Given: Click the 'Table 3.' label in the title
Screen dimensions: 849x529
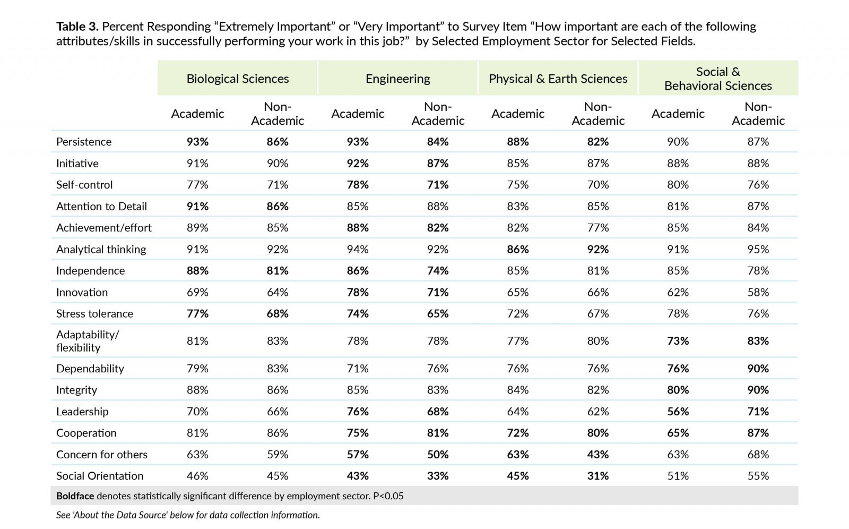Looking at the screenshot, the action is point(77,27).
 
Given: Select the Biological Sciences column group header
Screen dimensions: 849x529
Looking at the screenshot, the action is point(238,79).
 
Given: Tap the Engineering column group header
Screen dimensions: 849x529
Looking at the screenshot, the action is point(397,79).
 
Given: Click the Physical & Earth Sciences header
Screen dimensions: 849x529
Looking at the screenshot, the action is point(558,79).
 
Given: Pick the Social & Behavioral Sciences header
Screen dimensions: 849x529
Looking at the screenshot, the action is point(718,79).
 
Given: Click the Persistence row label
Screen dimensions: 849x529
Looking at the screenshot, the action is point(84,142).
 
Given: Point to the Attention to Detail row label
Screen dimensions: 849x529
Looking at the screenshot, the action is point(101,206).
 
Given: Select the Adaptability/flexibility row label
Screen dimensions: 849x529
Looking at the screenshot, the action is point(88,341).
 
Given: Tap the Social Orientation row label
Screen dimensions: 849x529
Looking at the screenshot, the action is point(100,475).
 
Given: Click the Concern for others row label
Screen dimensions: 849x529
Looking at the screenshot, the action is point(101,454).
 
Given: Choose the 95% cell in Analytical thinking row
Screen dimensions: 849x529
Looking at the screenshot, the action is point(758,249).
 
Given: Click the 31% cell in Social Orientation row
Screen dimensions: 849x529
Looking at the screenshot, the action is point(597,475).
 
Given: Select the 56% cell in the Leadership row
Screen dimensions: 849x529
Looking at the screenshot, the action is point(678,412).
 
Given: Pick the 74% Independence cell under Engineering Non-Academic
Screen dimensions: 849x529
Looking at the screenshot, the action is point(438,270).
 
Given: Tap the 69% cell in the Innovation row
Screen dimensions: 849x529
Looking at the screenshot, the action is point(197,292).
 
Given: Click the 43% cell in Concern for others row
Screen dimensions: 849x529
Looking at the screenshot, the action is point(597,454).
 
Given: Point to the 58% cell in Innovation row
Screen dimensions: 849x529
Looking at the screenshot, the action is point(758,292).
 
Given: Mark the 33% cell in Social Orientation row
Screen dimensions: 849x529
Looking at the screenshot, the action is point(438,475).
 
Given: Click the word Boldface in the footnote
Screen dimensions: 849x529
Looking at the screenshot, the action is point(75,496).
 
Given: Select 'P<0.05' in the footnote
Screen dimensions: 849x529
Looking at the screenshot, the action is point(388,496).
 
